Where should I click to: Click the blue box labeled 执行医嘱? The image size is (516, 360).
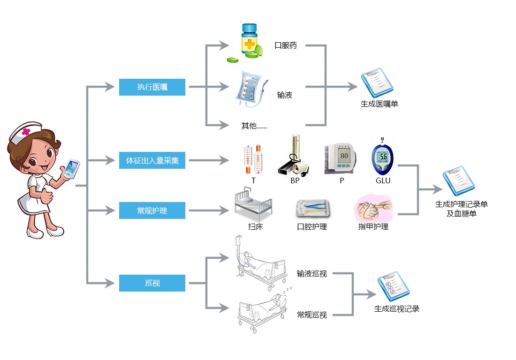[x=152, y=87]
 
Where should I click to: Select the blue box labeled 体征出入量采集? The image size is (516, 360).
[x=152, y=161]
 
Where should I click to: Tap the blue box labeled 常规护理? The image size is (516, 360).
[x=152, y=210]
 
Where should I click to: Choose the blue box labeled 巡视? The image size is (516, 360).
[x=152, y=283]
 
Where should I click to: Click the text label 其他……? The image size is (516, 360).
[x=254, y=126]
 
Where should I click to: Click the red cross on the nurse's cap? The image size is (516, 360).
[x=26, y=132]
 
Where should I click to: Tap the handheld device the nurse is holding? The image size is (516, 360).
[x=72, y=168]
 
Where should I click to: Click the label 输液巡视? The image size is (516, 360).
[x=312, y=274]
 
